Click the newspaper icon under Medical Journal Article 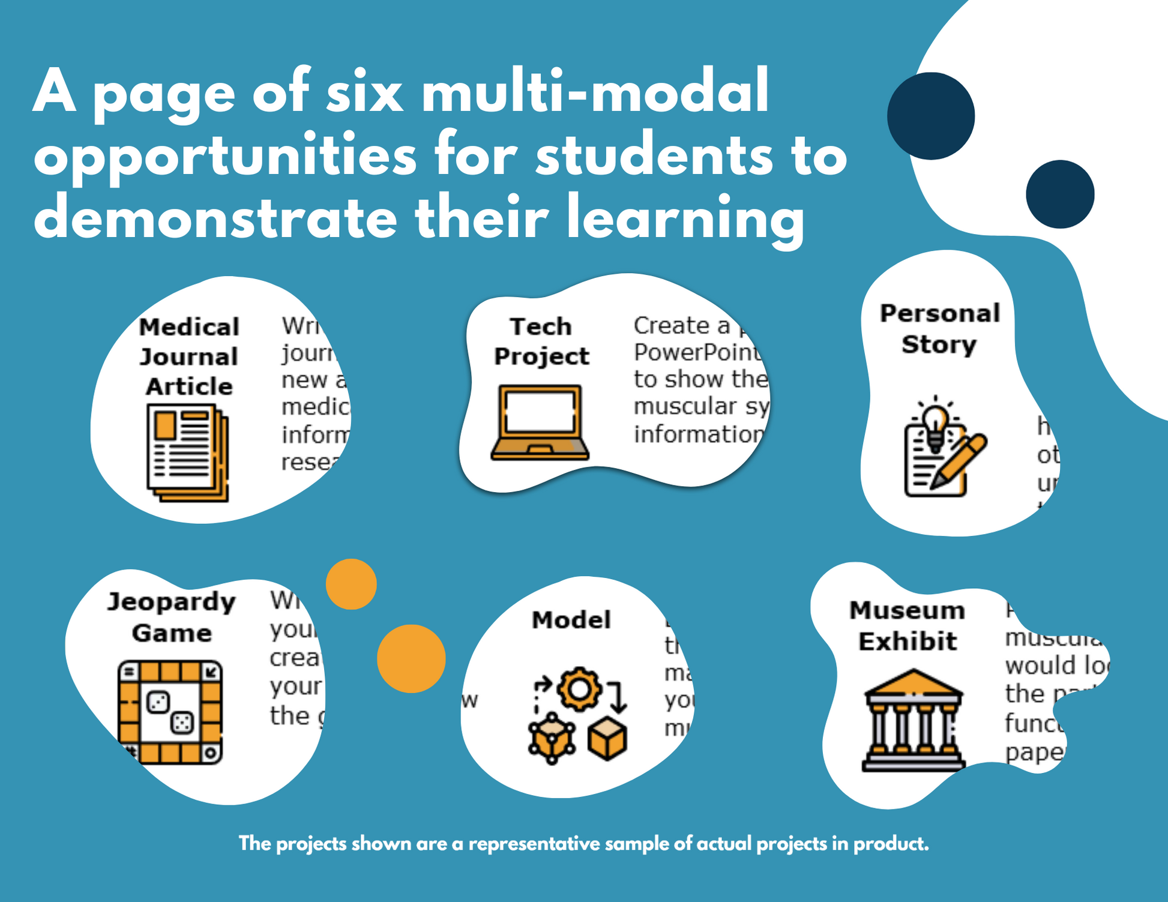pyautogui.click(x=187, y=451)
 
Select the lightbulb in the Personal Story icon pyautogui.click(x=935, y=423)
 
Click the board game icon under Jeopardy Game pyautogui.click(x=170, y=712)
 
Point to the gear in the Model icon pyautogui.click(x=579, y=689)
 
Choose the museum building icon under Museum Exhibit pyautogui.click(x=913, y=720)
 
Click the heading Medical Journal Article pyautogui.click(x=189, y=357)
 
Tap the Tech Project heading pyautogui.click(x=541, y=341)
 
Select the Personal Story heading pyautogui.click(x=939, y=329)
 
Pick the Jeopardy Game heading pyautogui.click(x=172, y=617)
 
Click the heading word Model pyautogui.click(x=571, y=620)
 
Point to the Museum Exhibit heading pyautogui.click(x=908, y=625)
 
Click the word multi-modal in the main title pyautogui.click(x=595, y=92)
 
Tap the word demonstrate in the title pyautogui.click(x=215, y=218)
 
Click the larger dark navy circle pyautogui.click(x=931, y=116)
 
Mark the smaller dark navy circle pyautogui.click(x=1060, y=194)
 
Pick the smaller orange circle pyautogui.click(x=351, y=584)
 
